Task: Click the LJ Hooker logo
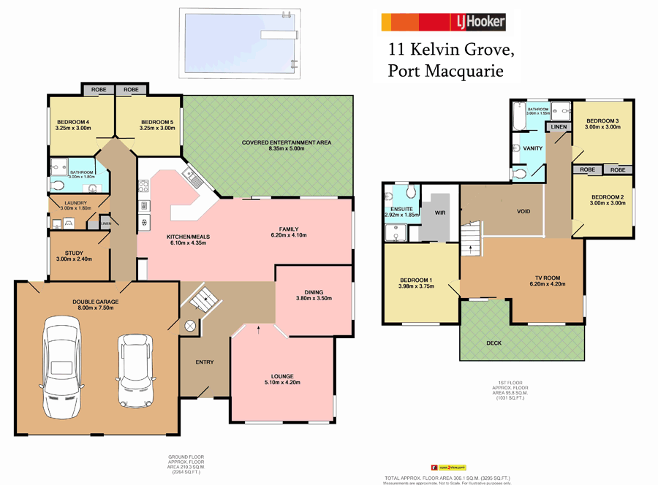[x=443, y=22]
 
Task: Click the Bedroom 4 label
[x=72, y=122]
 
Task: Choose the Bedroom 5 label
[x=157, y=122]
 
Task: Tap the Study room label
[x=73, y=253]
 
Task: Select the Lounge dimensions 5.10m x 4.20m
[x=281, y=382]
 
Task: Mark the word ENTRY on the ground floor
[x=205, y=362]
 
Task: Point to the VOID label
[x=523, y=212]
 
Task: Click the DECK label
[x=494, y=343]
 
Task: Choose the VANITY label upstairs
[x=533, y=148]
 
